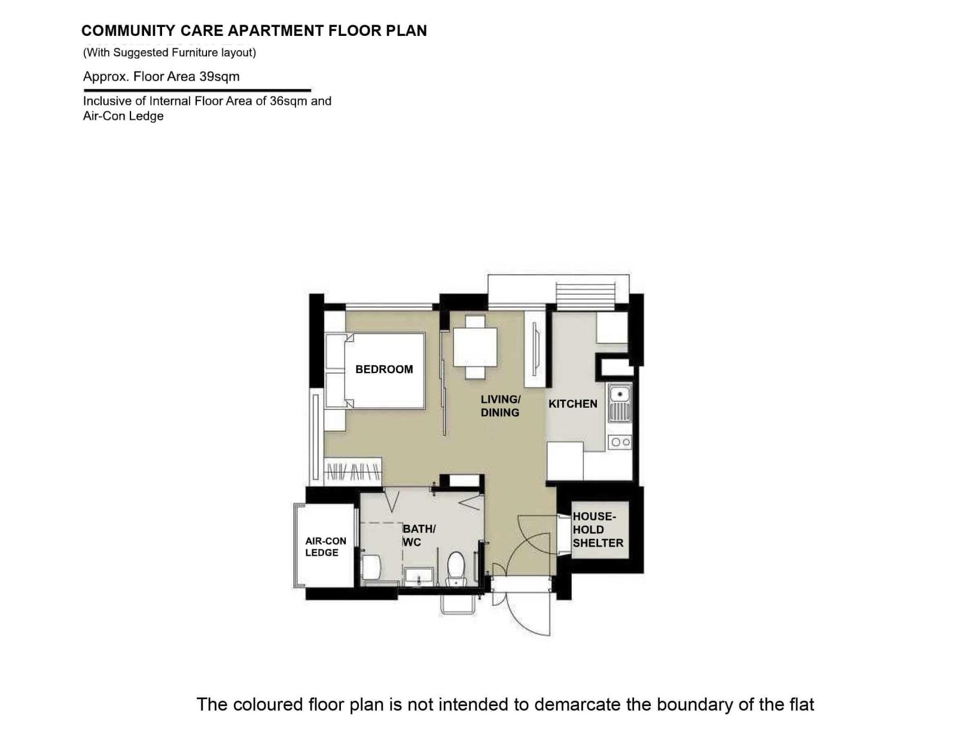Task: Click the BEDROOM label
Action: click(384, 370)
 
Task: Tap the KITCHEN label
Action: click(572, 404)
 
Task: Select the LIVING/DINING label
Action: click(500, 406)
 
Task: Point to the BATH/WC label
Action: click(419, 536)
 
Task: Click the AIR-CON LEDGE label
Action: click(325, 546)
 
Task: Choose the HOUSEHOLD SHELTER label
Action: click(598, 530)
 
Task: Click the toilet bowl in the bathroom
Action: click(455, 568)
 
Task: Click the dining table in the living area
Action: click(475, 347)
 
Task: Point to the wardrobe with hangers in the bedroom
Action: click(352, 472)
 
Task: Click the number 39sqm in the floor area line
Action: click(220, 77)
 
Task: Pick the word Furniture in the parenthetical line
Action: click(195, 53)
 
